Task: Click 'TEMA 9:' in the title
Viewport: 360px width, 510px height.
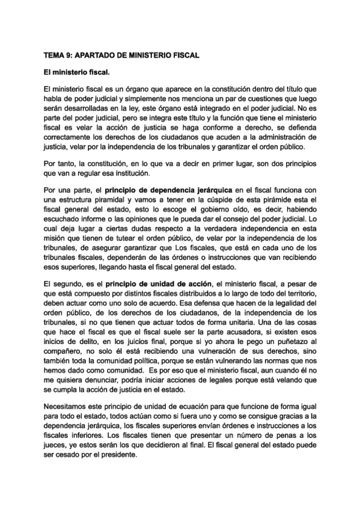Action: pos(58,55)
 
